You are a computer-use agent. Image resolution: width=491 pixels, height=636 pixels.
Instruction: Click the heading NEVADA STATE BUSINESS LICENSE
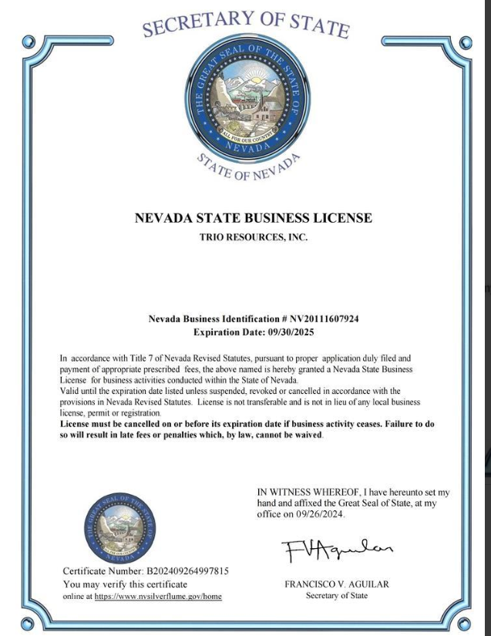click(x=253, y=218)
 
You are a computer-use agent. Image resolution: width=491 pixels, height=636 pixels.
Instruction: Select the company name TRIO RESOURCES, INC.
click(x=253, y=238)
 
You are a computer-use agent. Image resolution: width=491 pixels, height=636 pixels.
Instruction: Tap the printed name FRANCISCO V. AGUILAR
click(x=337, y=584)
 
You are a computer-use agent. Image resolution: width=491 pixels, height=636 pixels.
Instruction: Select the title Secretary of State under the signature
click(x=337, y=595)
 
